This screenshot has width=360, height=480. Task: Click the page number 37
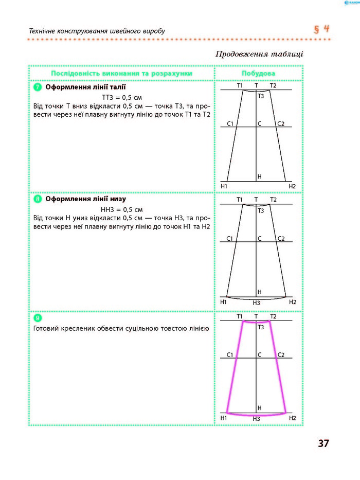click(323, 443)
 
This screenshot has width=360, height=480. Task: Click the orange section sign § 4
click(321, 29)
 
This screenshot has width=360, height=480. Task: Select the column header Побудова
click(258, 74)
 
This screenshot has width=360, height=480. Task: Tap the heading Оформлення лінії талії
click(85, 87)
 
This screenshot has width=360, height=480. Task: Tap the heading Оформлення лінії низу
click(85, 199)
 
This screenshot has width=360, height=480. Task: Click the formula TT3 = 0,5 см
click(122, 97)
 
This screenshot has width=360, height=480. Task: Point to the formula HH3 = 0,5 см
click(121, 209)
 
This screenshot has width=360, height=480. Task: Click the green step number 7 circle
click(38, 87)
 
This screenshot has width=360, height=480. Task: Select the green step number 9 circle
click(38, 318)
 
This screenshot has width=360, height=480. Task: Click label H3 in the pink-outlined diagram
click(257, 419)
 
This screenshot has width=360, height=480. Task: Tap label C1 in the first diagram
click(230, 124)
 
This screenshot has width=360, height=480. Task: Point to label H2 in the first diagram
click(292, 186)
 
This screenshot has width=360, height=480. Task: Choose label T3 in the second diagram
click(261, 210)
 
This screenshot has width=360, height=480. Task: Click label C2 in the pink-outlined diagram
click(281, 355)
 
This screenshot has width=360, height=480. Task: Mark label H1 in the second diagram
click(224, 302)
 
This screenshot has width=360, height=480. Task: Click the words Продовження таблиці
click(259, 54)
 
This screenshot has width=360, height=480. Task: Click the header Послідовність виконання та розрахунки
click(121, 74)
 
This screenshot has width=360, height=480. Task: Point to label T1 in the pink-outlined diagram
click(240, 316)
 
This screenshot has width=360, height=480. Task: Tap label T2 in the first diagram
click(273, 85)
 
